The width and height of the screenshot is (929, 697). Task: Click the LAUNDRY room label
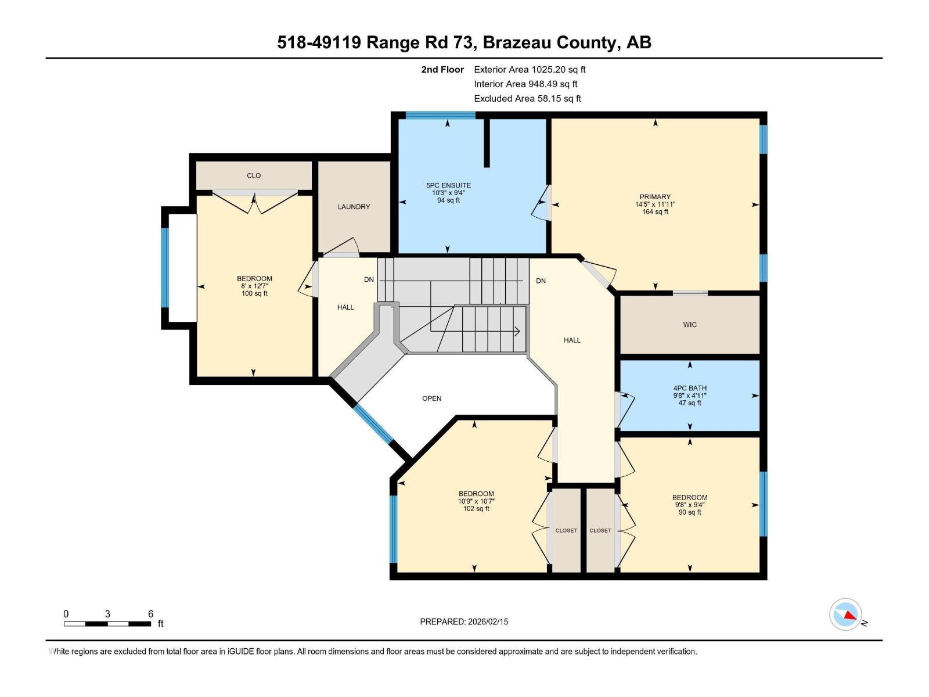coord(354,207)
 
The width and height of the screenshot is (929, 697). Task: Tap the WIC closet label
coord(690,325)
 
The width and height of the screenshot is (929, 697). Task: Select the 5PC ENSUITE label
coord(448,185)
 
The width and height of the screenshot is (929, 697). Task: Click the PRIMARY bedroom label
coord(655,197)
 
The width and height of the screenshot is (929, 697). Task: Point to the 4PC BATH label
coord(690,388)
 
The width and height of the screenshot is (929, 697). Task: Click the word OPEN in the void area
coord(431,398)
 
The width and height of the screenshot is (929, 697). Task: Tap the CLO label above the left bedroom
coord(254,175)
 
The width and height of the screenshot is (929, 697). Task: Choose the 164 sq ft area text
coord(655,212)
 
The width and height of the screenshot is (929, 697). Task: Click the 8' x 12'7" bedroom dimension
coord(254,286)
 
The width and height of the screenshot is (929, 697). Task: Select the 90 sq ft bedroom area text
coord(690,512)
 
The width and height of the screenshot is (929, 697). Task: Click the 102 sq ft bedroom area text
coord(476,509)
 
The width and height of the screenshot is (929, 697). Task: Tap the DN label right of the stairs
coord(541,281)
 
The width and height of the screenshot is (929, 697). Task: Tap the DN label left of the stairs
coord(369,279)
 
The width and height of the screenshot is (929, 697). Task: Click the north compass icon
coord(845,615)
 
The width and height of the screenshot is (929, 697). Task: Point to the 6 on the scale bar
coord(150,614)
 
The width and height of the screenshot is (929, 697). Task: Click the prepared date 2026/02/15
coord(488,621)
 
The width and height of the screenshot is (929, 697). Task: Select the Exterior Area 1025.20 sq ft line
coord(530,69)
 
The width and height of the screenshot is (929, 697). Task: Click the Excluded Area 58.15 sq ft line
coord(527,98)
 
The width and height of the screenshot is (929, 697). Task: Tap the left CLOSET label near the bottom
coord(566,530)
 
